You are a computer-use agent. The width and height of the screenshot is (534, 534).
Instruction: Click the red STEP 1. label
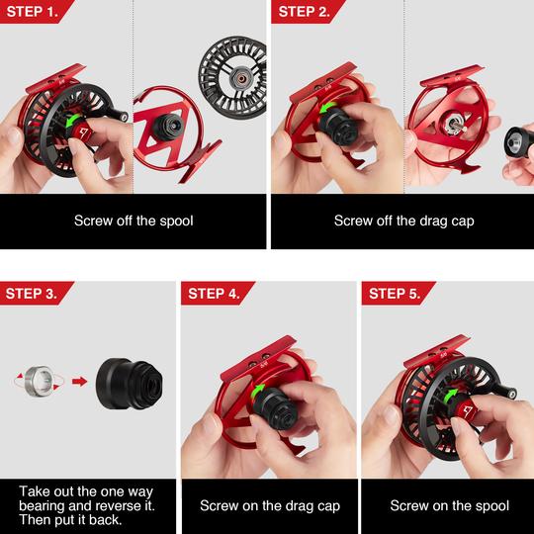coord(34,11)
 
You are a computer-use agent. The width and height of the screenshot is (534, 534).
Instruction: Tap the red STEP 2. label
coord(305,11)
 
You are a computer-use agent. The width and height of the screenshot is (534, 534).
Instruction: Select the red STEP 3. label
coord(34,293)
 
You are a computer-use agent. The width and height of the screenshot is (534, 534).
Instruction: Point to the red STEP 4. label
coord(215,293)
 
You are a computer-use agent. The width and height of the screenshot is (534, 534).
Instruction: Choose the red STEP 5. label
coord(395,293)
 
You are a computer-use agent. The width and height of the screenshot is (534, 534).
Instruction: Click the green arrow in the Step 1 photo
coord(72,121)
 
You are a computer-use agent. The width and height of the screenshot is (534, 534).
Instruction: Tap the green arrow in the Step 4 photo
coord(258,391)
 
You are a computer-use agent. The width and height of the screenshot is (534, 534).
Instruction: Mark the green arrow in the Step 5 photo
coord(450,396)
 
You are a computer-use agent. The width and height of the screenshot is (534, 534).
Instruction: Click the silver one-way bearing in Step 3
coord(40,381)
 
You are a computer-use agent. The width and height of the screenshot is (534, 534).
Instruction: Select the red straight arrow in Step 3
coord(80,381)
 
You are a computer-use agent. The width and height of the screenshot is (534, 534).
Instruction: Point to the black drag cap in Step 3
coord(130,384)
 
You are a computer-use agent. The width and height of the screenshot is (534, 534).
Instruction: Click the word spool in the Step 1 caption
coord(176,222)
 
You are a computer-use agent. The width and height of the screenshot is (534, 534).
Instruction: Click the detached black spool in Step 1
coord(233,78)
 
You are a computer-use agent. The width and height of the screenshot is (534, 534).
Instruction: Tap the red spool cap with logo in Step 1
coord(83,132)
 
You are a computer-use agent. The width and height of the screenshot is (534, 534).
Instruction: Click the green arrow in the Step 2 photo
coord(327,109)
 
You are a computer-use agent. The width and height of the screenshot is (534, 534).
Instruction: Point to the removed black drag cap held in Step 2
coord(518,141)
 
